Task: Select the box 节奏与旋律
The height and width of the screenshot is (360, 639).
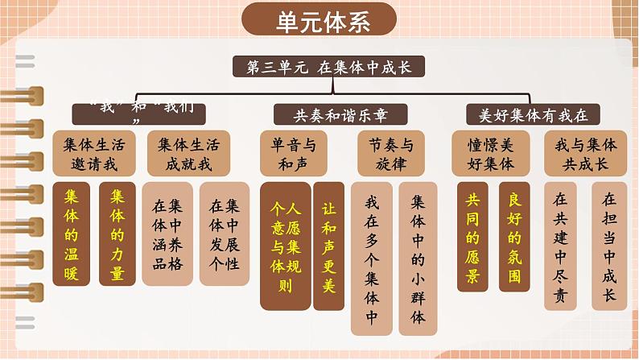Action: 390,155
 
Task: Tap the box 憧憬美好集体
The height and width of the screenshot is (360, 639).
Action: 490,155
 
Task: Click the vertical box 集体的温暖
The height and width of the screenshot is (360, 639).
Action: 72,234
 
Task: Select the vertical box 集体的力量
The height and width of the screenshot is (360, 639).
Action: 117,234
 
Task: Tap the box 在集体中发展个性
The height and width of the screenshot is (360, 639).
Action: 219,234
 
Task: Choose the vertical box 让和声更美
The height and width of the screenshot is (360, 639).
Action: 328,245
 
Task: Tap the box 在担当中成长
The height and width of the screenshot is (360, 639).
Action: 609,245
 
